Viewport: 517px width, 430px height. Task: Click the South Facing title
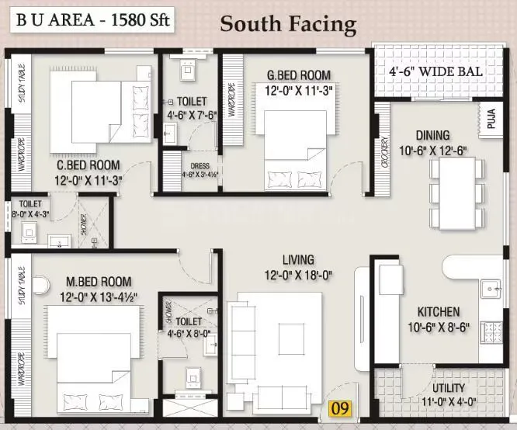[x=288, y=23]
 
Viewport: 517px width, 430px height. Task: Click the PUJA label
[x=491, y=120]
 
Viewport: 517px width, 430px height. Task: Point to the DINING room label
[x=432, y=135]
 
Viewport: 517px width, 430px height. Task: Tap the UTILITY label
[x=449, y=387]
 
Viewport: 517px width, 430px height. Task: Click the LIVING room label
[x=298, y=259]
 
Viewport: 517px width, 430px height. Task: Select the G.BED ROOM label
[x=298, y=75]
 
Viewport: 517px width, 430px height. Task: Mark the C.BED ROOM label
[x=88, y=165]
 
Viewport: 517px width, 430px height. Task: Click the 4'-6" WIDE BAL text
[x=435, y=72]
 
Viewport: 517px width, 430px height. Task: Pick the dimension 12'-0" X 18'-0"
[x=298, y=273]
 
